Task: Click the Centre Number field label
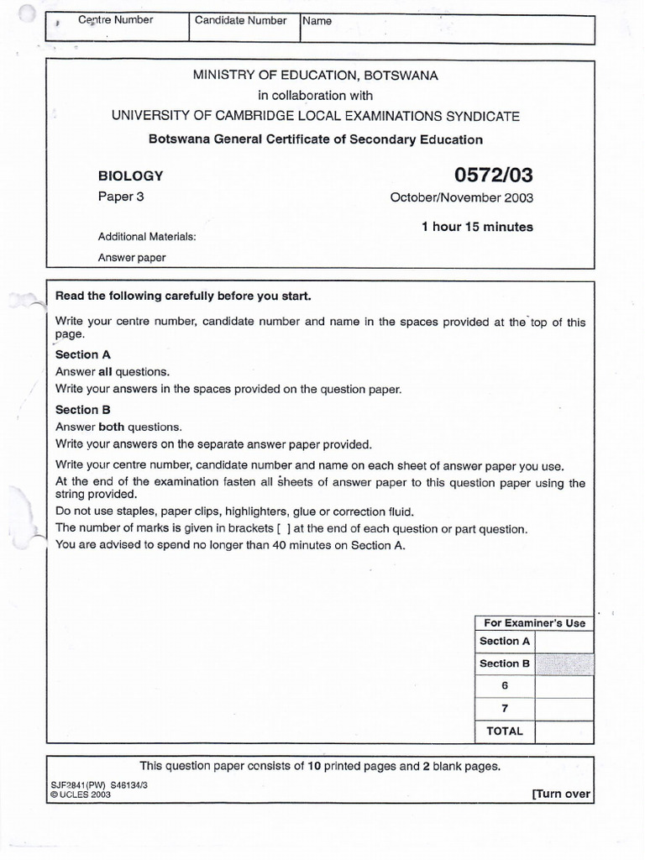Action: [x=115, y=20]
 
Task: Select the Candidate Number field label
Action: [x=240, y=20]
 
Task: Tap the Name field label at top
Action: [x=317, y=21]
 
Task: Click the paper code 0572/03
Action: [x=493, y=176]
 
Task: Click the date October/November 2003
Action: [x=461, y=198]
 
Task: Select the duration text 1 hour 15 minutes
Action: [x=477, y=227]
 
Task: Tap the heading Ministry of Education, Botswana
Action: [x=315, y=76]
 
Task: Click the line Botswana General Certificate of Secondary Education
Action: [x=315, y=139]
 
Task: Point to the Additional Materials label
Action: [x=146, y=237]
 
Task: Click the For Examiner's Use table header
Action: [x=534, y=622]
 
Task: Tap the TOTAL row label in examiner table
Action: [x=504, y=731]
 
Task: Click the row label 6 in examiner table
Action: [x=505, y=685]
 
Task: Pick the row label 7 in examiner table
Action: [x=505, y=708]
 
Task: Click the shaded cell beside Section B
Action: [x=564, y=663]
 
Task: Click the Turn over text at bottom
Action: [x=560, y=794]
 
